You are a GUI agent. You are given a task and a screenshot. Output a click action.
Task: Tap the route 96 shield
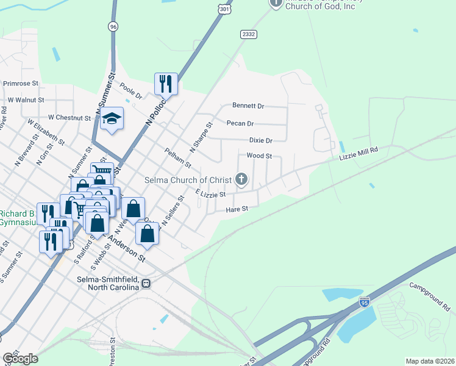click(x=112, y=26)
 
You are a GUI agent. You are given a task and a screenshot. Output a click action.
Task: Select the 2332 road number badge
click(x=248, y=35)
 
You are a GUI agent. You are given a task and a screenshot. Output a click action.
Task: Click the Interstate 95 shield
click(x=365, y=301)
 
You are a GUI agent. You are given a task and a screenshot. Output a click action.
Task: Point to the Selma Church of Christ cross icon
click(x=241, y=179)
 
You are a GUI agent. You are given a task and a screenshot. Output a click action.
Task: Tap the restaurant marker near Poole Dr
click(x=165, y=83)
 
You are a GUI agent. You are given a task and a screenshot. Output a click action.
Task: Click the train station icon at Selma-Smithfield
click(x=146, y=283)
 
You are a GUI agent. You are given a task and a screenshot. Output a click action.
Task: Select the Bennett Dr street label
click(x=248, y=106)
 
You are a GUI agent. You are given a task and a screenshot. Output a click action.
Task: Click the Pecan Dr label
click(x=240, y=123)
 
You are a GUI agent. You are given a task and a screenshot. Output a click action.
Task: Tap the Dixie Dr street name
click(x=260, y=140)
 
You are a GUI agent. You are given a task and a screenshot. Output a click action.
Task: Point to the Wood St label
click(x=259, y=156)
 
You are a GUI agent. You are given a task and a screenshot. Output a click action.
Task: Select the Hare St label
click(x=237, y=209)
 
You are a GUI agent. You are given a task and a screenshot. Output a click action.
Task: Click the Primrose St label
click(x=21, y=83)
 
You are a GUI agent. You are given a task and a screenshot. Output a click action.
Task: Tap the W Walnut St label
click(x=26, y=99)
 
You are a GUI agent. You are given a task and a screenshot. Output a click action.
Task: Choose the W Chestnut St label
click(x=68, y=117)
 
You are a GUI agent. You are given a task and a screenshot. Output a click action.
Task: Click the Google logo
click(x=20, y=358)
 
